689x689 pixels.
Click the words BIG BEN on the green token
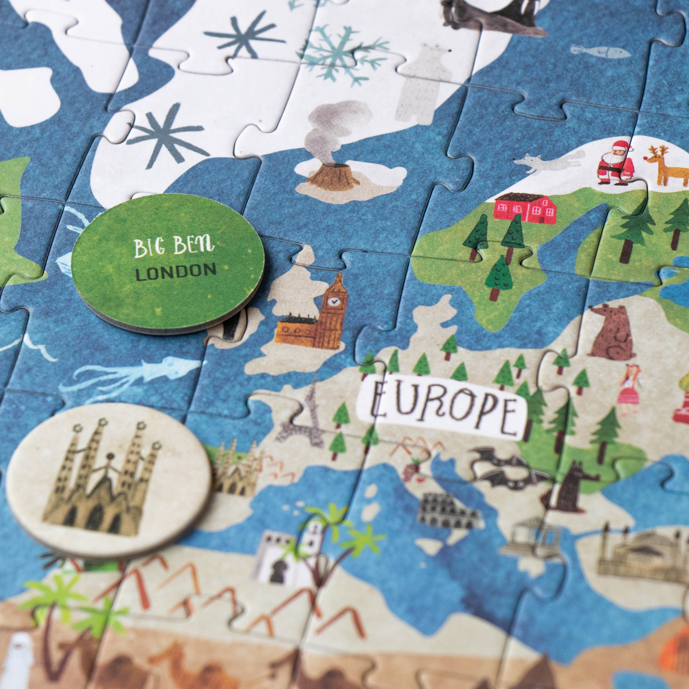[174, 246]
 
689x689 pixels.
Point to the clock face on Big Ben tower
[333, 302]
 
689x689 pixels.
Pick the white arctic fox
[549, 163]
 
